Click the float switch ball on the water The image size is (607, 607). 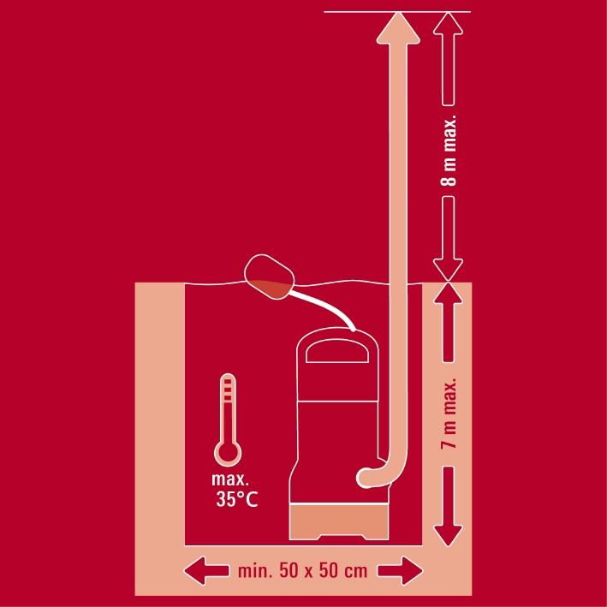269,277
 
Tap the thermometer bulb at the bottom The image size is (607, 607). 228,453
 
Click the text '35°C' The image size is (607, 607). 237,499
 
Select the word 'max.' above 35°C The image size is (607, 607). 230,479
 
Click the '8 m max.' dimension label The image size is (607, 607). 449,151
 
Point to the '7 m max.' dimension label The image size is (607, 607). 449,414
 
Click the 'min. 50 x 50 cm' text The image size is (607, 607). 302,571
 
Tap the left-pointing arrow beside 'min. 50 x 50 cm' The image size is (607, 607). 206,570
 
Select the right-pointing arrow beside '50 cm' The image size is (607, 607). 401,570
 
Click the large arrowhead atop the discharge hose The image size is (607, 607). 398,28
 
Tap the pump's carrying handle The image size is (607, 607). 336,350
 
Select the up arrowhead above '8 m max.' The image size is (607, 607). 448,24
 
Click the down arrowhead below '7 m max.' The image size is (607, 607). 448,535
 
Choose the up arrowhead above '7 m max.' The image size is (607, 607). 448,294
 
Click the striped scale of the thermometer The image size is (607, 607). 228,390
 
